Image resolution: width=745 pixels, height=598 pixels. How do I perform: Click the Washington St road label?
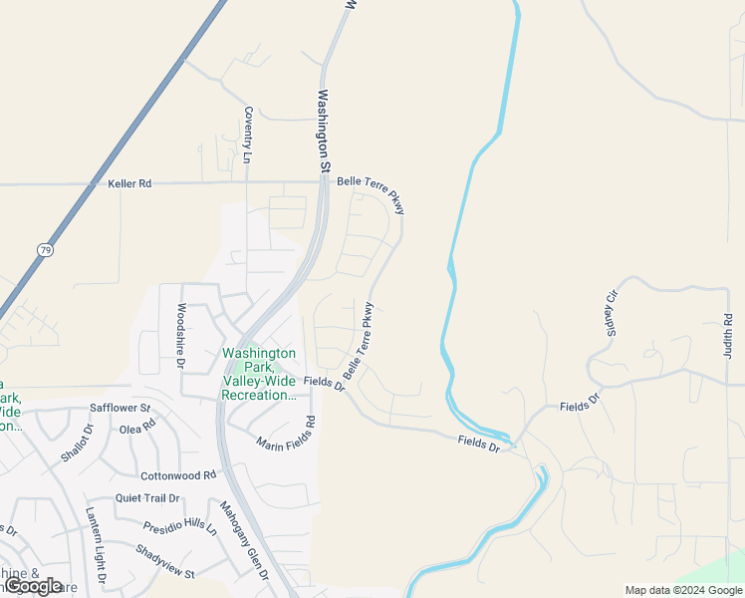pos(324,132)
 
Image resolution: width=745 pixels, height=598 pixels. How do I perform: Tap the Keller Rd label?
pos(129,184)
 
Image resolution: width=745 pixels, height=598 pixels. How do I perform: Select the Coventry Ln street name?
pos(248,137)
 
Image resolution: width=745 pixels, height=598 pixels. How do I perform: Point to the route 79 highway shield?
pos(46,248)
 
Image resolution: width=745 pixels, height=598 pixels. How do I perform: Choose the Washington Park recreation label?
pos(259,374)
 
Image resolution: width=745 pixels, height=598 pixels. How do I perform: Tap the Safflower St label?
pos(120,409)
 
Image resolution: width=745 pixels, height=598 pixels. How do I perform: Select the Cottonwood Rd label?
pos(178,475)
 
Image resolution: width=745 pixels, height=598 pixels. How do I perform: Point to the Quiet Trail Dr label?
pos(147,498)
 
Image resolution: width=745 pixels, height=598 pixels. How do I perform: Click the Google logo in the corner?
pos(34,586)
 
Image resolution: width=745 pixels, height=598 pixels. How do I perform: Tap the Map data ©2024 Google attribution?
pos(682,590)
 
